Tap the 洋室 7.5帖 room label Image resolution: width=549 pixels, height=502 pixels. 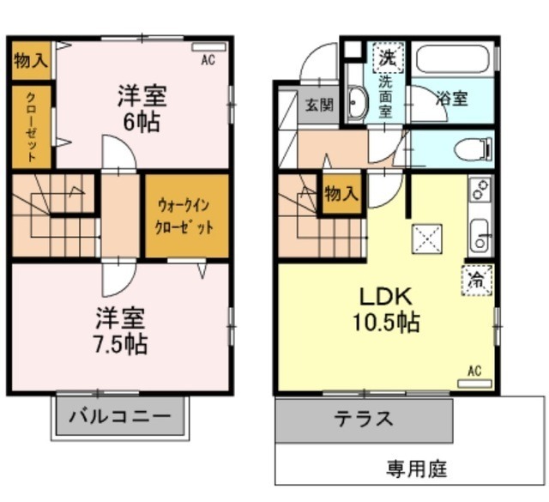pos(120,331)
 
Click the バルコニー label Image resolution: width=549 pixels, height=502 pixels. pos(120,418)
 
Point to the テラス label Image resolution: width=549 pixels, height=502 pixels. pos(363,420)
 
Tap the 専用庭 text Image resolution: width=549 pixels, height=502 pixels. pos(416,469)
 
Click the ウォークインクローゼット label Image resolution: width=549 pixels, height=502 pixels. pos(185,218)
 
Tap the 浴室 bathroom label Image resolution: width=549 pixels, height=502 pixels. pos(453,98)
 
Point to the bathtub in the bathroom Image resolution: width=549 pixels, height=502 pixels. pos(452,59)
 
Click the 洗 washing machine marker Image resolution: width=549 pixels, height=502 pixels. pos(388,58)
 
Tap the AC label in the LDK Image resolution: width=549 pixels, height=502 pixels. pos(474,371)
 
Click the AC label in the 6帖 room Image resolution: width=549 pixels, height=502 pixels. pos(208,60)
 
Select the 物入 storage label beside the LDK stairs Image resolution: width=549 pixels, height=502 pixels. pos(341,194)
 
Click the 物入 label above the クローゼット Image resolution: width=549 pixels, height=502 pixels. pos(31,61)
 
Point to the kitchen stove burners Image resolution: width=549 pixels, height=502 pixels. pos(480,188)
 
